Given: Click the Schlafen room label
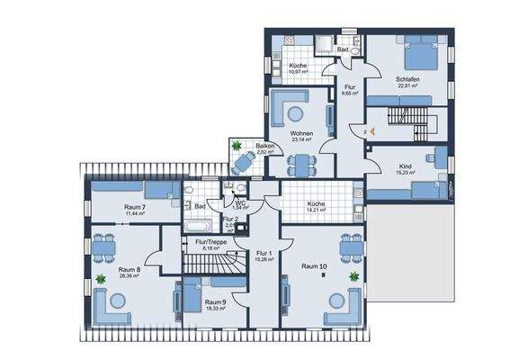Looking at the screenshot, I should [407, 79].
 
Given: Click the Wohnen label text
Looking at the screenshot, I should [300, 132].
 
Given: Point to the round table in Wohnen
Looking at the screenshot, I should [293, 112].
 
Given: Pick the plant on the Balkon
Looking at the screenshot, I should [236, 145].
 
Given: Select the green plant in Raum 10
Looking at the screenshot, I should [354, 275].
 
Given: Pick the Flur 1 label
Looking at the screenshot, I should [264, 253].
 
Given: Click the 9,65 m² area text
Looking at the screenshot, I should [349, 93].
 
